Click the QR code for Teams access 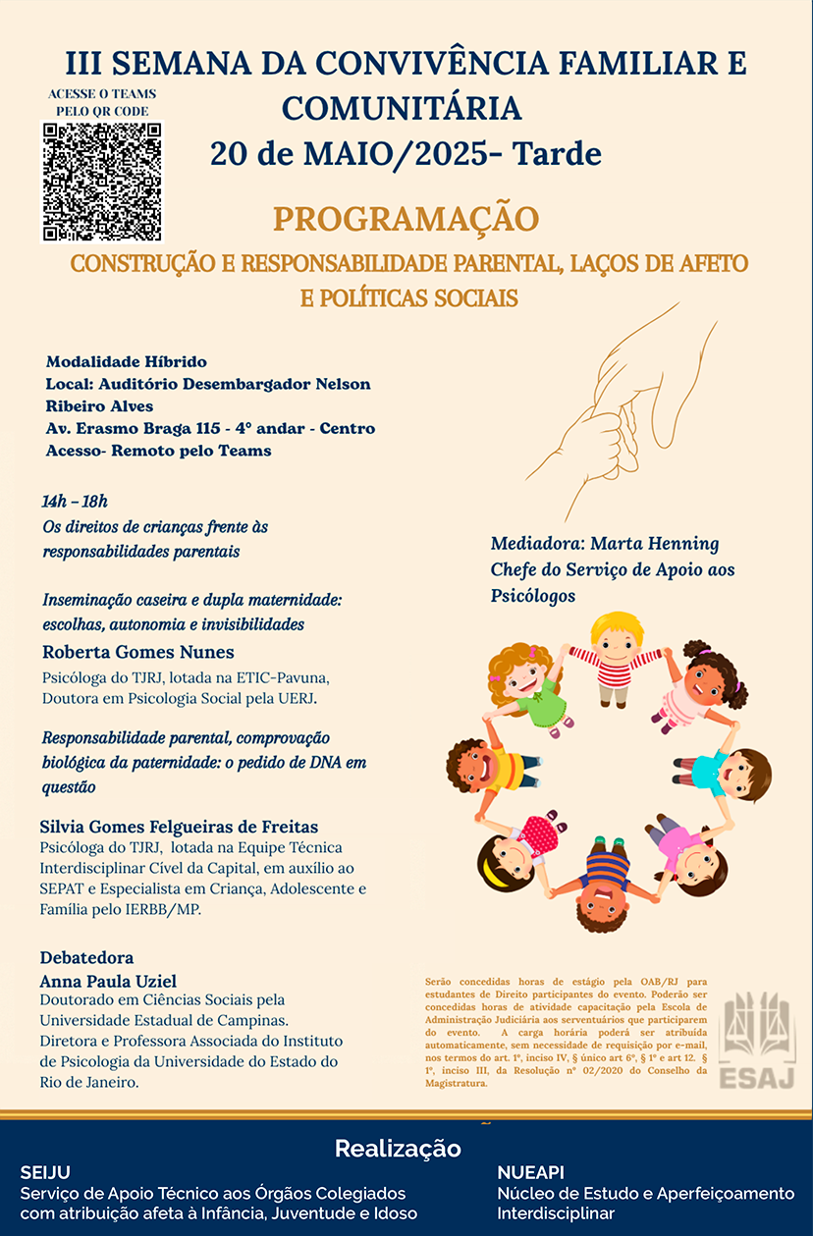pyautogui.click(x=101, y=181)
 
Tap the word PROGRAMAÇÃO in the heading pyautogui.click(x=406, y=219)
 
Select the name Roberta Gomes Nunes pyautogui.click(x=137, y=652)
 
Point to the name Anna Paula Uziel pyautogui.click(x=108, y=981)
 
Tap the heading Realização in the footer pyautogui.click(x=397, y=1148)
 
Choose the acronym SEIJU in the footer pyautogui.click(x=45, y=1172)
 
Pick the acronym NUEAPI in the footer pyautogui.click(x=530, y=1172)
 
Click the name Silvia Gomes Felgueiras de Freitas pyautogui.click(x=179, y=827)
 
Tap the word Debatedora pyautogui.click(x=86, y=957)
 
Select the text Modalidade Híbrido pyautogui.click(x=126, y=362)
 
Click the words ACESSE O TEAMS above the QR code pyautogui.click(x=102, y=95)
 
